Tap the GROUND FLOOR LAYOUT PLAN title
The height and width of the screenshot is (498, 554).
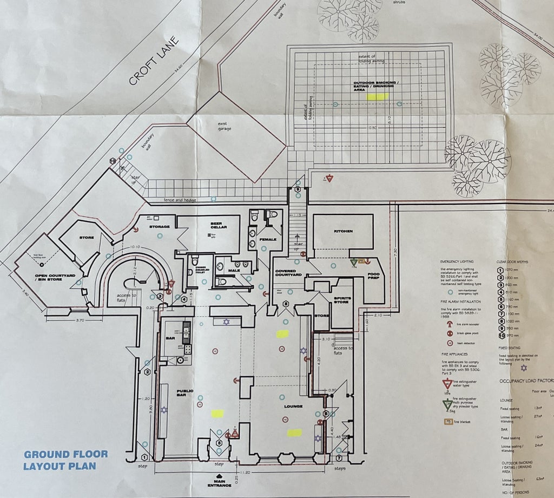pos(65,460)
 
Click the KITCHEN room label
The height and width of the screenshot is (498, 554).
pos(343,231)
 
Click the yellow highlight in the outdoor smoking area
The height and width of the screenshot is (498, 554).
pos(377,96)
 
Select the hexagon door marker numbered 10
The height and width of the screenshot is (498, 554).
pos(113,161)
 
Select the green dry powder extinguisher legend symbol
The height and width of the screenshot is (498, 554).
pos(448,404)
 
